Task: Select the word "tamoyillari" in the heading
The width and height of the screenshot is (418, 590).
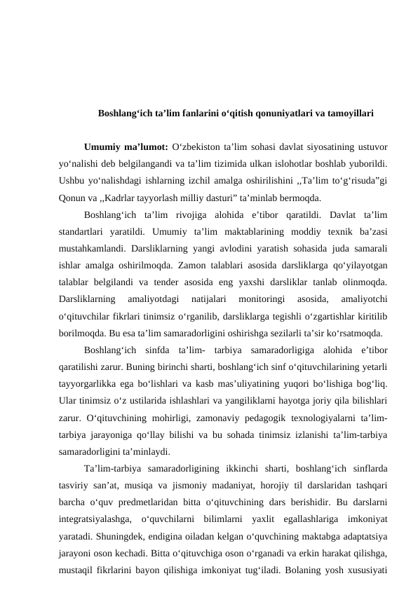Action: tap(349, 112)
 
